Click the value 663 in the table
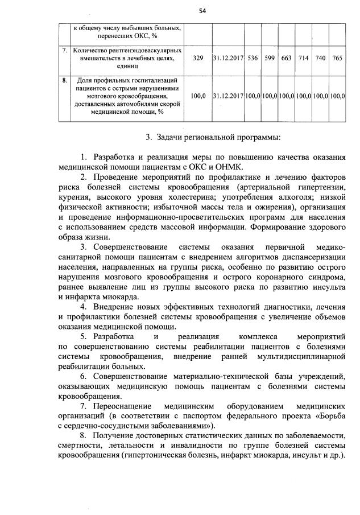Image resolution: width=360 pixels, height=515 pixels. (x=287, y=59)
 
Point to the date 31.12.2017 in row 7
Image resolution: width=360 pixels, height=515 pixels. (x=228, y=59)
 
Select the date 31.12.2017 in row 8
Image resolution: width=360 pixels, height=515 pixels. (x=228, y=96)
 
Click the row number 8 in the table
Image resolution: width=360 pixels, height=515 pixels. (x=65, y=81)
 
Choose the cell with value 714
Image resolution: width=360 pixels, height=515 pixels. (x=304, y=59)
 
